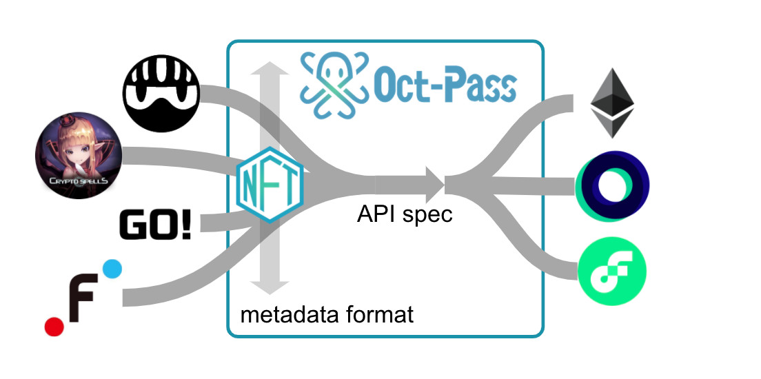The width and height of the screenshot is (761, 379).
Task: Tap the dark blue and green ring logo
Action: (612, 188)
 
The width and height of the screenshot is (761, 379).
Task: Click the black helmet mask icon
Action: (161, 91)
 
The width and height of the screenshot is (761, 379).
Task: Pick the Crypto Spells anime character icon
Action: (79, 158)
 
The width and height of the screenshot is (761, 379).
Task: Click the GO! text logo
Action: (155, 226)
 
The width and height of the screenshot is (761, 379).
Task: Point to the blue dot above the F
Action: (112, 269)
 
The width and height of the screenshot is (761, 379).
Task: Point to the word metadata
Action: (285, 316)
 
